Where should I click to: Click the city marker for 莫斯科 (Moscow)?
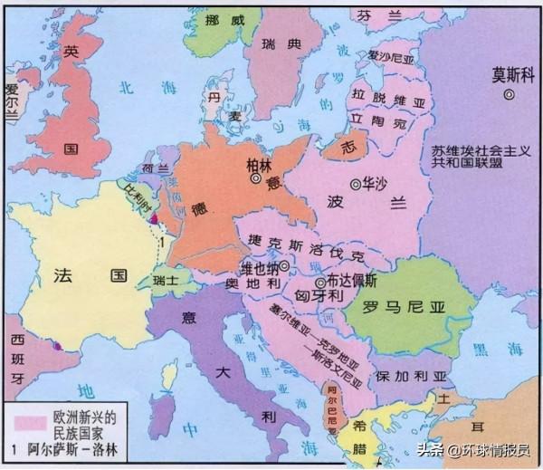tap(510, 93)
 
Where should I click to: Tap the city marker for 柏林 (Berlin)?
tap(256, 179)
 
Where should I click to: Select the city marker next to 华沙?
tap(356, 182)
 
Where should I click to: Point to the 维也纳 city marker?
tap(284, 266)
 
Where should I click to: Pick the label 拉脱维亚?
tap(385, 96)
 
